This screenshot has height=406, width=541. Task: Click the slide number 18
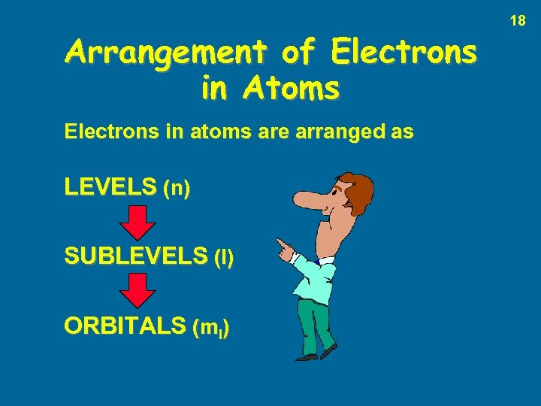click(x=518, y=21)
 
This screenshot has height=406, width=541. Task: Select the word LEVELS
click(x=111, y=186)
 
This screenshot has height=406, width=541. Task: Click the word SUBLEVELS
click(x=135, y=257)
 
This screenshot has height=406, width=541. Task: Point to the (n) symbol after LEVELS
click(x=177, y=188)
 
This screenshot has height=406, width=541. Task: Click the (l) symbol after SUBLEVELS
click(x=224, y=259)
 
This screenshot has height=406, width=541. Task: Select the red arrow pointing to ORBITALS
click(x=138, y=291)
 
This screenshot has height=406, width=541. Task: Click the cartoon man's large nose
click(x=308, y=200)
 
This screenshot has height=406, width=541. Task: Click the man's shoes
click(x=316, y=355)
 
